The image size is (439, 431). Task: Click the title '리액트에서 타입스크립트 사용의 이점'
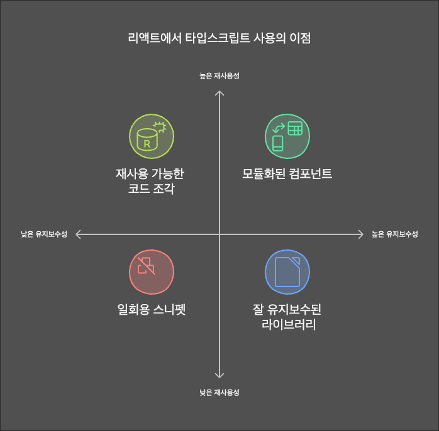tap(219, 38)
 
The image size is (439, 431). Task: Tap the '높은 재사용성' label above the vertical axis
tap(219, 75)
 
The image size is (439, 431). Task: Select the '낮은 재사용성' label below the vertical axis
tap(219, 393)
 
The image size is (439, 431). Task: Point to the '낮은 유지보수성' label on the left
tap(44, 234)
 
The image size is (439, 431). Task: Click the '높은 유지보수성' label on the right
tap(394, 234)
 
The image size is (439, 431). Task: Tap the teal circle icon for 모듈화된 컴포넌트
tap(287, 137)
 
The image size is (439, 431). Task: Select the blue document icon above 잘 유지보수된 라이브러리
tap(287, 272)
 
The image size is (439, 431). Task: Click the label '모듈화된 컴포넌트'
tap(287, 173)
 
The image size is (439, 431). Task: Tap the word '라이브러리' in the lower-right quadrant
tap(287, 325)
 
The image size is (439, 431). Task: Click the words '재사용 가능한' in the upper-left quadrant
tap(149, 173)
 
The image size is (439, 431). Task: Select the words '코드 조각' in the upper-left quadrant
tap(149, 188)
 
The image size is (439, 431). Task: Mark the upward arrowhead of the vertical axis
tap(219, 92)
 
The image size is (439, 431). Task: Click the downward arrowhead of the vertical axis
tap(219, 376)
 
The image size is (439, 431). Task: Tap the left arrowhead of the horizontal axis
tap(78, 234)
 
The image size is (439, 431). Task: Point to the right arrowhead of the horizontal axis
tap(361, 234)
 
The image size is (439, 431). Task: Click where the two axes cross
tap(219, 234)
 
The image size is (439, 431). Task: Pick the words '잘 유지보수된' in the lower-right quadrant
tap(287, 310)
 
